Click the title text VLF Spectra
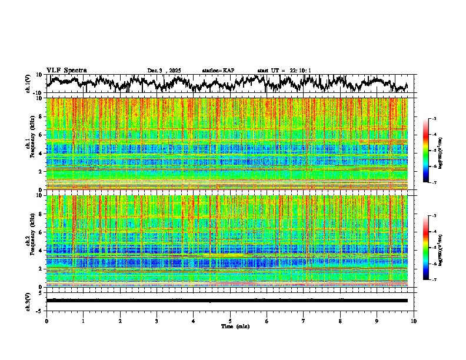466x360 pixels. coord(66,70)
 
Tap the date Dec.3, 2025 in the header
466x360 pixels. coord(164,71)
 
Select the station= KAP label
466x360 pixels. coord(218,71)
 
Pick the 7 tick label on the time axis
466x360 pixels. coord(304,321)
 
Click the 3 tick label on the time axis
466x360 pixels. coord(157,321)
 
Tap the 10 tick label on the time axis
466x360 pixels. coord(414,321)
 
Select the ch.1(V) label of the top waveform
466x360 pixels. coord(28,84)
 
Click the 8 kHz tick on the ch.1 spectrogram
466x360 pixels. coord(40,117)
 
